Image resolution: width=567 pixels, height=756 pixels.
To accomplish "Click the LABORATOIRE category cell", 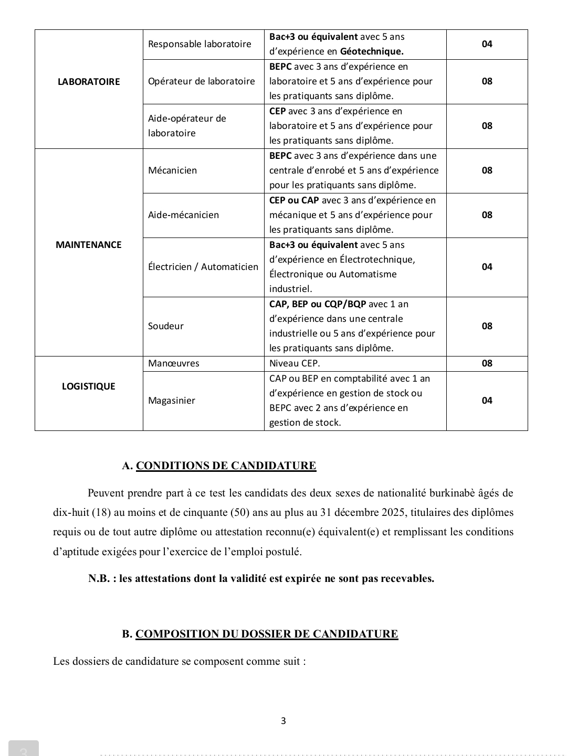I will coord(89,82).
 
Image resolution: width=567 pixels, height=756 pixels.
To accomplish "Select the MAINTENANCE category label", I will coord(89,245).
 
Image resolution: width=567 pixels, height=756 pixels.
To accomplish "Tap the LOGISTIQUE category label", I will coord(89,386).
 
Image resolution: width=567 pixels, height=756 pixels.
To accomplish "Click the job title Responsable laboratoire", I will coord(199,44).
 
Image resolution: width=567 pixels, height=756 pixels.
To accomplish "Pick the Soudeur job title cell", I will coord(166,326).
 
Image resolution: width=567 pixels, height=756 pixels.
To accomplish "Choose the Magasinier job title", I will coord(172,401).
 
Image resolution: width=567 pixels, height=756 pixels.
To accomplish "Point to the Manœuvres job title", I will coord(174,363).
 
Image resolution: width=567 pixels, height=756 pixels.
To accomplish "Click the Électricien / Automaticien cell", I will coord(203,267).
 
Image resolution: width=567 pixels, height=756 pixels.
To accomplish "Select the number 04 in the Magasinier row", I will coord(487,401).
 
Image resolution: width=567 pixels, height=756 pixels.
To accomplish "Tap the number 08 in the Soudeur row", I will coord(487,326).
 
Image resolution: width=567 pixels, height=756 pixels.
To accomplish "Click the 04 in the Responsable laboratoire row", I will coord(487,44).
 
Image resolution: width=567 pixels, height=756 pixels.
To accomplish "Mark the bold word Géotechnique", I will coord(372,51).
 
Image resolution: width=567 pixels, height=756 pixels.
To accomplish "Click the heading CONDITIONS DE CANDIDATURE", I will coord(226,466).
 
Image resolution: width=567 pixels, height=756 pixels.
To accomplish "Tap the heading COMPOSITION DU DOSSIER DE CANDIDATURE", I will coord(267,634).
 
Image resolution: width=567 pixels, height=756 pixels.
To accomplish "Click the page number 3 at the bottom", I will coord(283,721).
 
